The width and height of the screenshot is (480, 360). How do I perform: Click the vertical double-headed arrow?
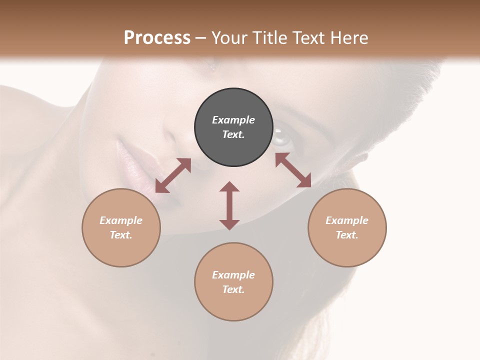coord(229,205)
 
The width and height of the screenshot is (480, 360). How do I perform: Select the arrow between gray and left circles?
coord(173,175)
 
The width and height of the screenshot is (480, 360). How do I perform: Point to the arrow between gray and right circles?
coord(293,170)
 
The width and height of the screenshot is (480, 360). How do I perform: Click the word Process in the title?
coord(157,37)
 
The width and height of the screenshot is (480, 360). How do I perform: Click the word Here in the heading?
coord(350,37)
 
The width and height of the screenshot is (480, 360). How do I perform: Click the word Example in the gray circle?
coord(233,120)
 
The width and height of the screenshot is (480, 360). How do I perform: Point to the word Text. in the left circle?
coord(121,235)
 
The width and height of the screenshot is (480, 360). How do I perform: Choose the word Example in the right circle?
coord(347,220)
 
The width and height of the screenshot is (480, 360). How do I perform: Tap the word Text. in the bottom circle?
coord(233,289)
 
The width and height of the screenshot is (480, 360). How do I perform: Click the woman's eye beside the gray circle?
coord(280,135)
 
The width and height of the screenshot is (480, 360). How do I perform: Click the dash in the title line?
coord(200,38)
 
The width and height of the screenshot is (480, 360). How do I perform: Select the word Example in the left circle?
coord(121,220)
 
